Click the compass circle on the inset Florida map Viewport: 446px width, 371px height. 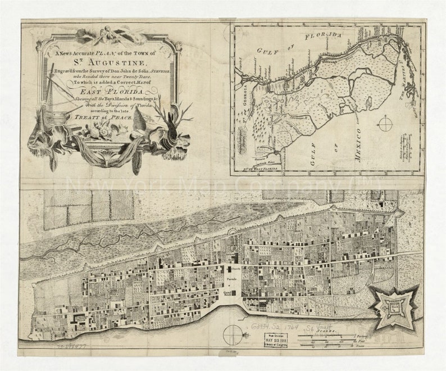(x=385, y=123)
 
